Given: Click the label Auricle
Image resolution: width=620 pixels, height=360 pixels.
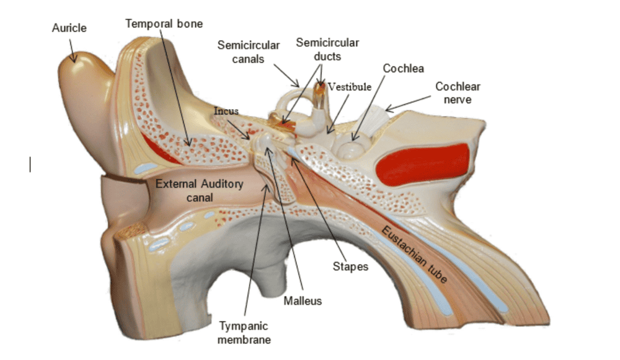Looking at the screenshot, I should tap(69, 28).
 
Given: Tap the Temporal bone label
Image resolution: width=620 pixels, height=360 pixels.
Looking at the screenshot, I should tap(164, 24).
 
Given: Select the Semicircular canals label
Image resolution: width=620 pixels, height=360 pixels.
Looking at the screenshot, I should tap(249, 52).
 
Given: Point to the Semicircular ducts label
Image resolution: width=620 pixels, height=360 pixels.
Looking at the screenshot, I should tap(327, 49).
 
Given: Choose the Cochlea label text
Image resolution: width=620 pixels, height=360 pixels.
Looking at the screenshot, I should tap(403, 68).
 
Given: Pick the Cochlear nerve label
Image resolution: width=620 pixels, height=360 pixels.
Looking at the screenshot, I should tap(458, 93).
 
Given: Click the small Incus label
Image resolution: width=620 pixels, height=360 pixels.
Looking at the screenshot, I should tap(226, 111).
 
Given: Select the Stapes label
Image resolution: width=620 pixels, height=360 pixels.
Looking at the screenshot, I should tap(350, 267).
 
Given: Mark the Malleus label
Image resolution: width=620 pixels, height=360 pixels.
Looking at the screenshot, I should tap(303, 301).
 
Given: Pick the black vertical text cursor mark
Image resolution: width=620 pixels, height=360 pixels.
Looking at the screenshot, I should tap(30, 164).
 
